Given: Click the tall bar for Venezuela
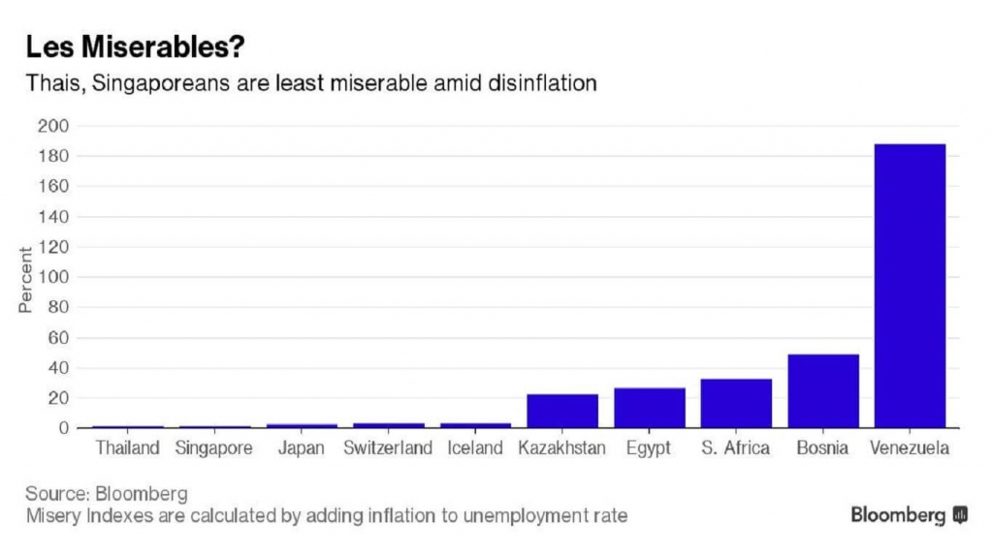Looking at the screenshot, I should pos(909,285).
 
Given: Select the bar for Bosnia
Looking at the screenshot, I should pos(822,390).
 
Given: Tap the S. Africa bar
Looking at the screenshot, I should pos(735,403).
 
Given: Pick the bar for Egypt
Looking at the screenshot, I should pos(649,408).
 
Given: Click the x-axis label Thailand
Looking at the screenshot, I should pos(128,448).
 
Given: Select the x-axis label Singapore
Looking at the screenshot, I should pos(214,448).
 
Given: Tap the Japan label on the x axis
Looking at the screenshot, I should pos(302,448).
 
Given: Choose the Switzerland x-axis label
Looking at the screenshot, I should pos(388,448).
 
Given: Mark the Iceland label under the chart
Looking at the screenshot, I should pos(475,448).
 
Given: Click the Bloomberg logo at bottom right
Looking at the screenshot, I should pos(909,514).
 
